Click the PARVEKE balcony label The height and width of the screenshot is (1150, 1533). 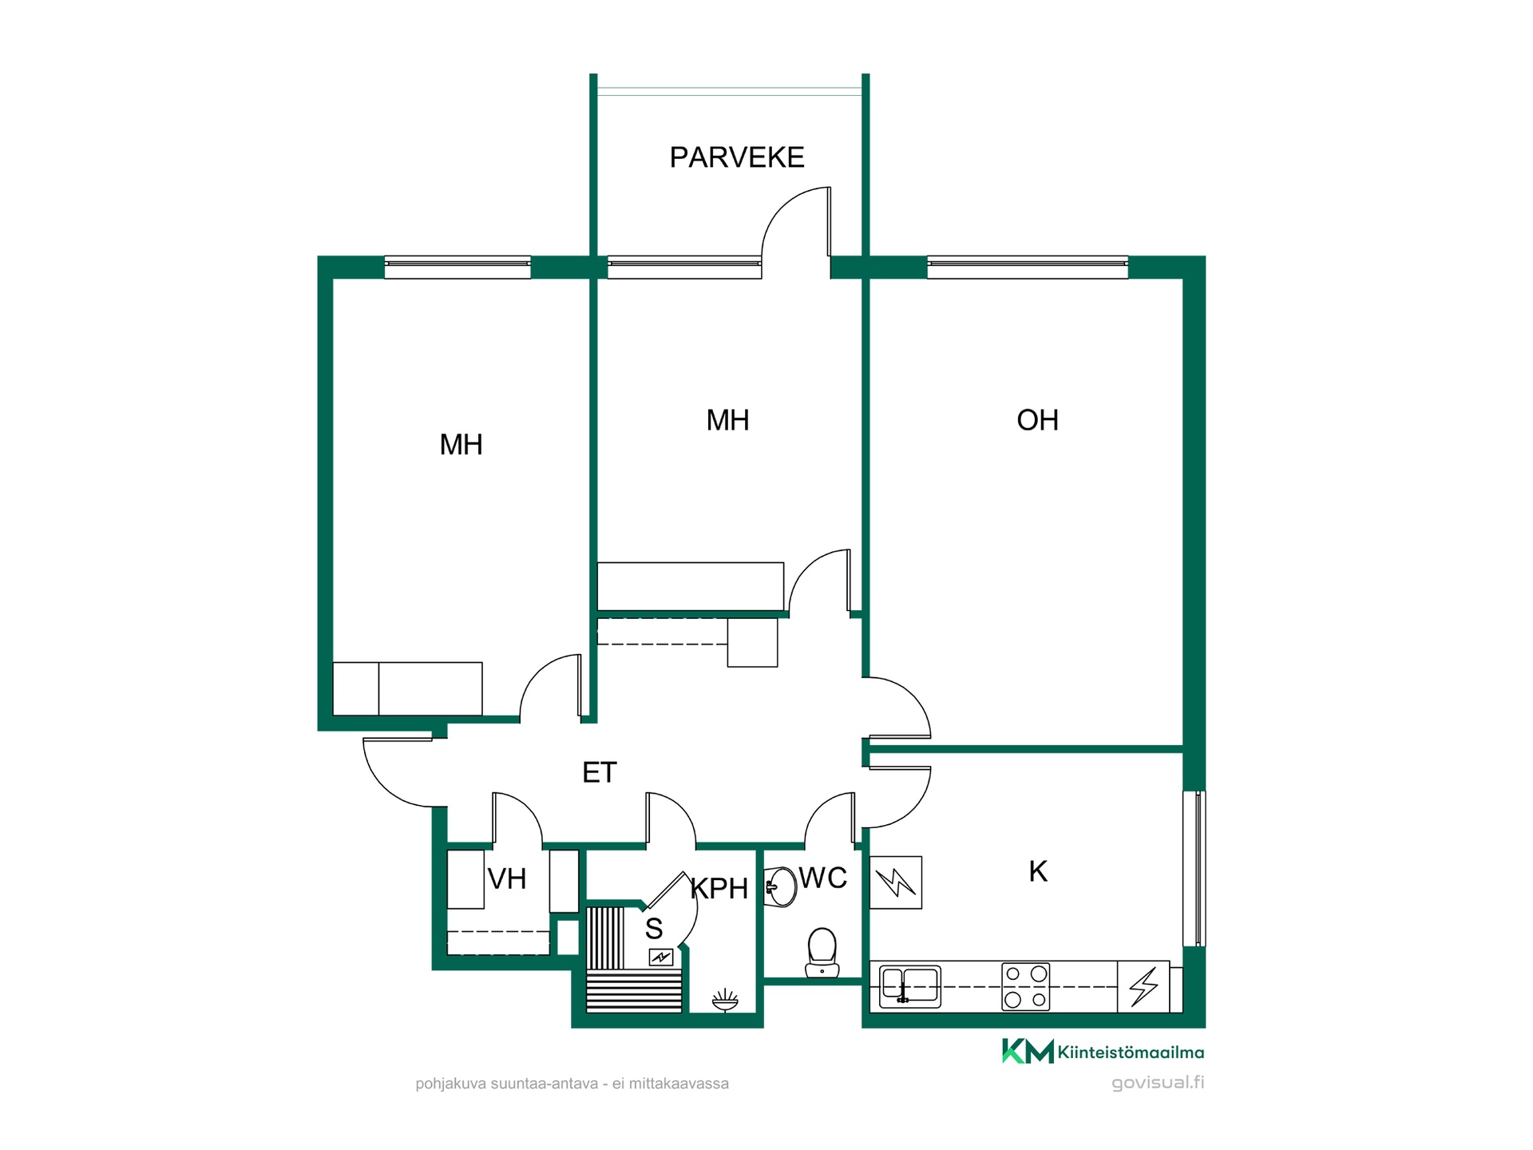(x=736, y=157)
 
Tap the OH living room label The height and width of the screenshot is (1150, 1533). (x=1037, y=420)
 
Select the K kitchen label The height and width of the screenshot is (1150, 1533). (x=1037, y=871)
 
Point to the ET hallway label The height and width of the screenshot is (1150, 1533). (x=600, y=772)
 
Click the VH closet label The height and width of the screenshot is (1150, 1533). (x=507, y=879)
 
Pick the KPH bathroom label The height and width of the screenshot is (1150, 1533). (x=719, y=888)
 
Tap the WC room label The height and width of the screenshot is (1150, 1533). (x=822, y=878)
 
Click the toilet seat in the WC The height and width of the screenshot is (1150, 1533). (x=822, y=953)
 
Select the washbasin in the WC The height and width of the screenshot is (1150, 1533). (x=780, y=886)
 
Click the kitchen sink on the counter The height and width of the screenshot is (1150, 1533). (x=910, y=987)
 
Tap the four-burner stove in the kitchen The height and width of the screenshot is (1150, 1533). (x=1026, y=987)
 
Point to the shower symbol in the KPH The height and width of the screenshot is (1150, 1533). (x=725, y=1000)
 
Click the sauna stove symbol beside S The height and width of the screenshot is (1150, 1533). (x=661, y=957)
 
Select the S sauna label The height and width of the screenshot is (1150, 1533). (x=654, y=929)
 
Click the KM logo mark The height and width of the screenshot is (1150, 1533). (x=1028, y=1051)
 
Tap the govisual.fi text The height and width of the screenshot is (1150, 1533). (x=1158, y=1083)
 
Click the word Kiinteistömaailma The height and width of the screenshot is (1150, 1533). (x=1131, y=1053)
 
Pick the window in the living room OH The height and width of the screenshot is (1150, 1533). (x=1028, y=267)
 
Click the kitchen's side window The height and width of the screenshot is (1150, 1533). (x=1194, y=869)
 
